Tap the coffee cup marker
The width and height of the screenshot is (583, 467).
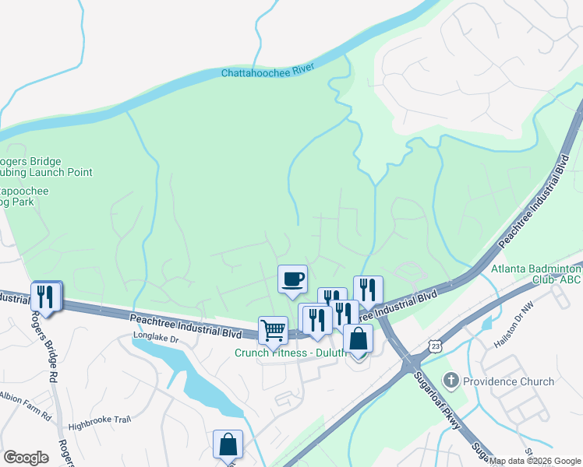click(x=292, y=279)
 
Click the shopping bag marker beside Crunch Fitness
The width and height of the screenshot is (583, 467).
click(x=358, y=339)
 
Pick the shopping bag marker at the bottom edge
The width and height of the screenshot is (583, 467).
click(x=228, y=445)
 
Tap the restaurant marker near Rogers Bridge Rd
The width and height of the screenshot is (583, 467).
click(x=46, y=297)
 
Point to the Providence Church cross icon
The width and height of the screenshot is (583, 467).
click(x=450, y=381)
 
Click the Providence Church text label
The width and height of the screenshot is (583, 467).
click(x=508, y=382)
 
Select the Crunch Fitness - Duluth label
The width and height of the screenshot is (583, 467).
click(x=290, y=353)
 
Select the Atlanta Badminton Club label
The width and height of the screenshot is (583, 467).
click(x=537, y=275)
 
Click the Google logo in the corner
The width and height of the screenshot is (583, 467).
click(x=26, y=457)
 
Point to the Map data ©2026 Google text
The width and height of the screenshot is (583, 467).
click(x=535, y=461)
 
